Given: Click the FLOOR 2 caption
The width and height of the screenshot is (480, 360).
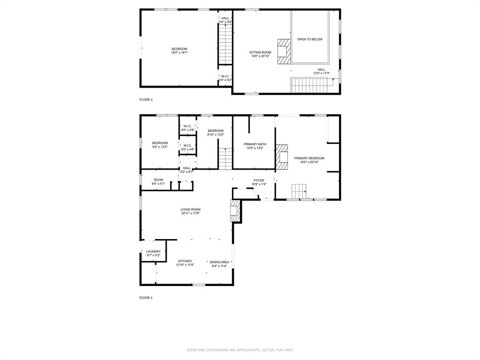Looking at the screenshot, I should (x=146, y=99).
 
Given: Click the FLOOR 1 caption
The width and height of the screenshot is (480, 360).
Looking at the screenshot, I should (x=146, y=298).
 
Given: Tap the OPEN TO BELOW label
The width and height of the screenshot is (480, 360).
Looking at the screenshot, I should (x=310, y=39).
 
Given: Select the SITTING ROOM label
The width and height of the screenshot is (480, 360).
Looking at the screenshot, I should (x=260, y=52).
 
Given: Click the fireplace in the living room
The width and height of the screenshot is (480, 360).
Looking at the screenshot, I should (x=234, y=211).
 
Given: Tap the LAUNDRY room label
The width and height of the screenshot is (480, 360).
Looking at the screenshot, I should (x=153, y=252).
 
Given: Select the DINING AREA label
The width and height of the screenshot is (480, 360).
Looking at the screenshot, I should (x=219, y=262).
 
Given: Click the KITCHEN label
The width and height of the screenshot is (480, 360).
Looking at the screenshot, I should (x=185, y=261).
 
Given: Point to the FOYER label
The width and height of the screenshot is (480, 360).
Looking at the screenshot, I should (x=259, y=180).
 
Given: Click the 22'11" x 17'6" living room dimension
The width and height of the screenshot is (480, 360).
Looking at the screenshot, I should (x=191, y=213).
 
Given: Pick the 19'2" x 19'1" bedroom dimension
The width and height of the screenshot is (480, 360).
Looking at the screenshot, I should (x=179, y=52).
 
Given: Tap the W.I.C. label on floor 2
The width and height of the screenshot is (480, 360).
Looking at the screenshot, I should (x=225, y=76).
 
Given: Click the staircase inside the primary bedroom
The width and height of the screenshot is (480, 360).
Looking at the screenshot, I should (x=299, y=191).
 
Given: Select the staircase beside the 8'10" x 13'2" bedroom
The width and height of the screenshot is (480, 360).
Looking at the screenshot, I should (x=225, y=158).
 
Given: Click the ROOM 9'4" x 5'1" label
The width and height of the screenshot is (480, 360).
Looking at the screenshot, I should (x=158, y=180).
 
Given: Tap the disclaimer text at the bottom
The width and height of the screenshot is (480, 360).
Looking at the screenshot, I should (x=240, y=350).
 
